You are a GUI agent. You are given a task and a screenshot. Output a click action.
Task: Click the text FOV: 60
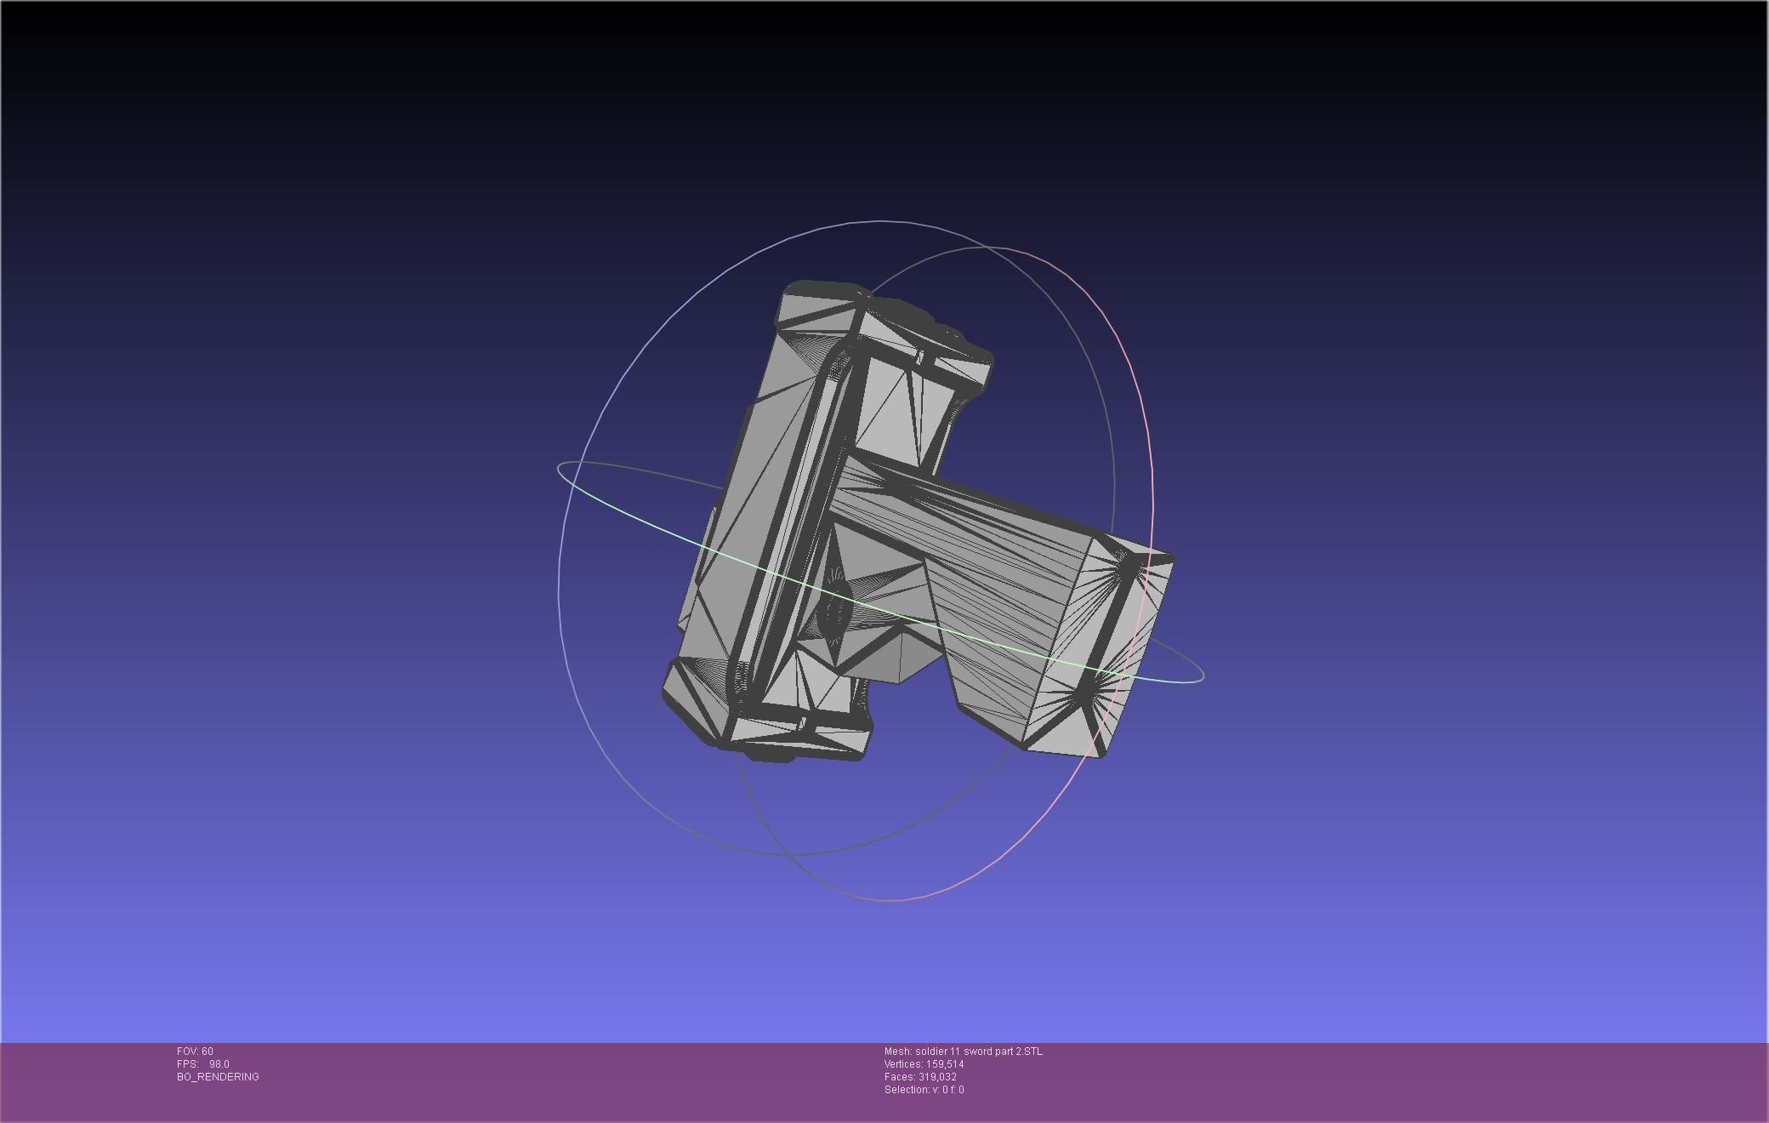[195, 1052]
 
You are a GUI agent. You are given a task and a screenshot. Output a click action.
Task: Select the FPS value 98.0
[219, 1064]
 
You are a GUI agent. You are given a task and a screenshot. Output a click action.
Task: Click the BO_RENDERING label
[218, 1077]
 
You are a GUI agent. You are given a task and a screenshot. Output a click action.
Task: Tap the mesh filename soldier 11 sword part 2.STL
[978, 1052]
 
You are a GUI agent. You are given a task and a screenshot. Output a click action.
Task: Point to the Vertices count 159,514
[941, 1064]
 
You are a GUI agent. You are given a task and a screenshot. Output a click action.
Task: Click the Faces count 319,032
[937, 1077]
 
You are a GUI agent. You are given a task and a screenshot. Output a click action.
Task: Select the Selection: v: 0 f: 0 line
[924, 1090]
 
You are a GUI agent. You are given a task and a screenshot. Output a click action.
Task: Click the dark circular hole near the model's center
[837, 606]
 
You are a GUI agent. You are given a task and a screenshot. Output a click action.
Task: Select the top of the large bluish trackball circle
[880, 221]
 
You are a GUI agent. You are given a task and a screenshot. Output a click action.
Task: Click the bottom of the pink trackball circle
[889, 899]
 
